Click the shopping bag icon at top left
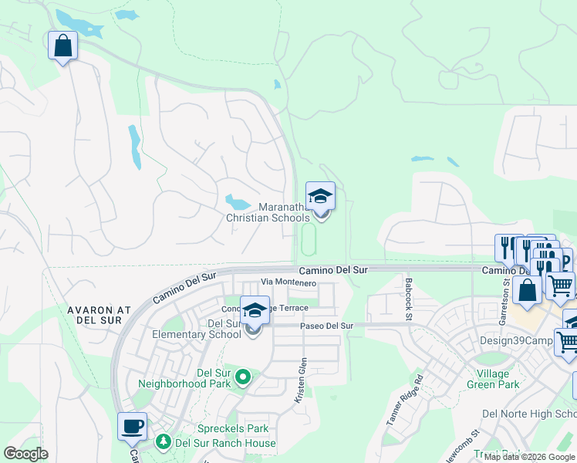62,46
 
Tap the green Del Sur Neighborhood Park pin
243,377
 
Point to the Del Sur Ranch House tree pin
163,442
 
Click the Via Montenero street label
288,283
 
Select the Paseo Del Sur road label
326,326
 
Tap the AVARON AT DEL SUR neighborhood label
98,316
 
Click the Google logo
26,453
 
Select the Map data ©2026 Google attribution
529,457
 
